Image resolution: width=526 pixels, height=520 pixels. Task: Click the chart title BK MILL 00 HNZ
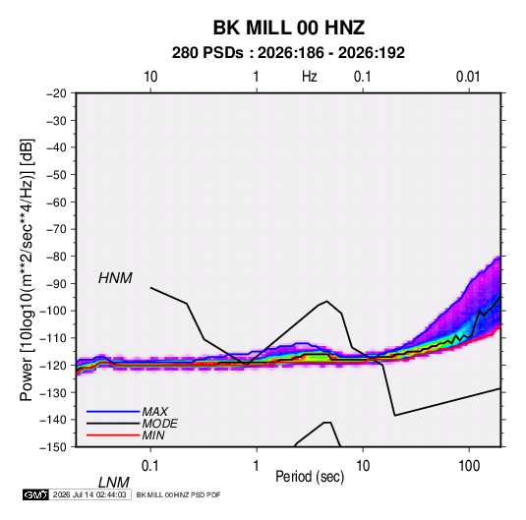coord(288,28)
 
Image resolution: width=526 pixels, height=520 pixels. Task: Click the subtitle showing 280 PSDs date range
coord(288,53)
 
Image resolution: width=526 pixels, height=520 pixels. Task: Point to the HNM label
coord(115,278)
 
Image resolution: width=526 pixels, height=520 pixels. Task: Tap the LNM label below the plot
coord(114,483)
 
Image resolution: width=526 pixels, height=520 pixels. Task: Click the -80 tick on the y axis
coord(56,257)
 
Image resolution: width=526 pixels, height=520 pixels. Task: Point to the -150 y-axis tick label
coord(53,447)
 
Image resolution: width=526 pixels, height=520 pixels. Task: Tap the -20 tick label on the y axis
coord(56,93)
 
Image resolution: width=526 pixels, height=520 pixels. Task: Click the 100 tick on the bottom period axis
coord(469,466)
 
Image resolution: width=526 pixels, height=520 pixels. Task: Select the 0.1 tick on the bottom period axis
coord(149,466)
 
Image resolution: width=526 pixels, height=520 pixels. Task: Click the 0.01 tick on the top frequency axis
coord(468,77)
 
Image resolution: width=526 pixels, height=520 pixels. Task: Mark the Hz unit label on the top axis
coord(310,77)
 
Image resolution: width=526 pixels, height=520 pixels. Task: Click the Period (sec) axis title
coord(310,477)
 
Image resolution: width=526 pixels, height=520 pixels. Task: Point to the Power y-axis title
coord(27,269)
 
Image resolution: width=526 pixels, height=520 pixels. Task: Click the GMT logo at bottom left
coord(35,494)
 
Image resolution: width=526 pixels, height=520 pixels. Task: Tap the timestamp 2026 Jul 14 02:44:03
coord(89,494)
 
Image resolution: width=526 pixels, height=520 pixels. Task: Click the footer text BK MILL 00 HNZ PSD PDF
coord(179,494)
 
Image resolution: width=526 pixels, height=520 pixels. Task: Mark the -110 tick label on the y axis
coord(53,338)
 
